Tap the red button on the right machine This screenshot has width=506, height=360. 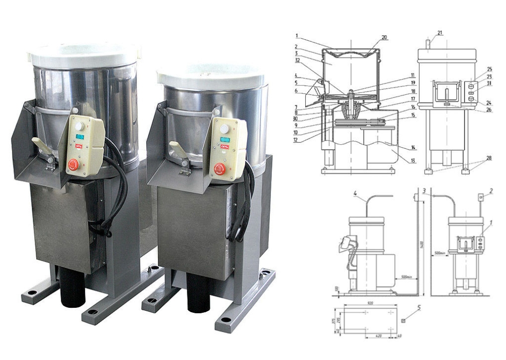(x=219, y=170)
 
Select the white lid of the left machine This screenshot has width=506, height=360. (x=84, y=54)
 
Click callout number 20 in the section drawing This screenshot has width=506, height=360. (x=385, y=37)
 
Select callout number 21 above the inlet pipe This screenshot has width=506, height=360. (x=440, y=33)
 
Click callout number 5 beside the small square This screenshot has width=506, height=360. (x=419, y=307)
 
